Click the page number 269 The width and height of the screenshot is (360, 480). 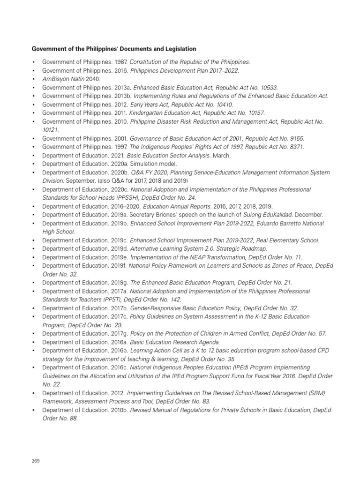[x=36, y=461]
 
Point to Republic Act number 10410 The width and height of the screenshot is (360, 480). [x=222, y=105]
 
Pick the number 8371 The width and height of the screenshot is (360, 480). [x=295, y=147]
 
